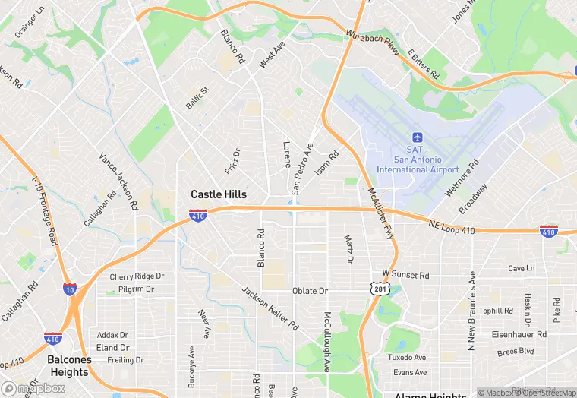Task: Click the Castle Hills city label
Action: pos(219,195)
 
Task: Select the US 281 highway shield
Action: pos(379,288)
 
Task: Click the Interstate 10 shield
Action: pos(70,289)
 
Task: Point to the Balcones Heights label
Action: pos(69,365)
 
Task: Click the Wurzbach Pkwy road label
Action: pos(372,43)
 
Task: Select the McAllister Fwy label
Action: pos(381,214)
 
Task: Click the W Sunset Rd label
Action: pos(405,273)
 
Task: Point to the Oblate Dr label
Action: pos(310,291)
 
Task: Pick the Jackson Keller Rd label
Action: pos(270,308)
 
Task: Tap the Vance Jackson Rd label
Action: pos(118,181)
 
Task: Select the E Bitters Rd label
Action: pos(423,65)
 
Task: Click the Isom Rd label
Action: pos(326,161)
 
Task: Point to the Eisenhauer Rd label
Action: pos(519,333)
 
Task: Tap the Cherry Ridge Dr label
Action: pos(137,276)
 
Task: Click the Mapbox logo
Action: pos(32,387)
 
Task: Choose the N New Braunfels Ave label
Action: pos(471,311)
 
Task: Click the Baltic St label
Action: pos(197,96)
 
